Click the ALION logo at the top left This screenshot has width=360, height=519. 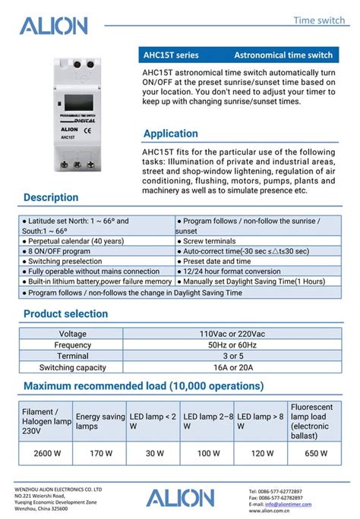coord(53,27)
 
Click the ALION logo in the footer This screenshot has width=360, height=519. coord(180,498)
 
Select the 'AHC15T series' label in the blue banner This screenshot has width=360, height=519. coord(171,55)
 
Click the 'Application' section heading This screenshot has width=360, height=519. coord(171,134)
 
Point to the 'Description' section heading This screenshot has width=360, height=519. coord(51,197)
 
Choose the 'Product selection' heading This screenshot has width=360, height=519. coord(66,313)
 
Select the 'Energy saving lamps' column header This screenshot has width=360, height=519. coord(100,421)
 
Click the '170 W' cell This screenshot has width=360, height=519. coord(100,454)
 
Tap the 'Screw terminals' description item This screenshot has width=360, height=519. coord(210,241)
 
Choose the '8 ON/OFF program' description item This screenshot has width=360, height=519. coord(59,251)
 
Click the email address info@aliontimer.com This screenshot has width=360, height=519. coord(289,504)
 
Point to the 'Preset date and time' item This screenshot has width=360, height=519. coord(217,261)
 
